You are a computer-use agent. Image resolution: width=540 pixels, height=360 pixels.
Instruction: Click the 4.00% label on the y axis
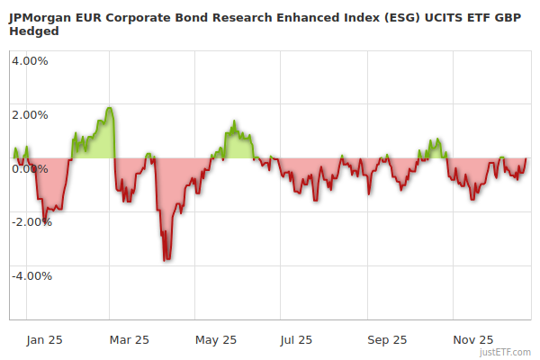[x=30, y=61]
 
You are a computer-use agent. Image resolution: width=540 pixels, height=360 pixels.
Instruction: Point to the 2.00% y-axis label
[x=30, y=114]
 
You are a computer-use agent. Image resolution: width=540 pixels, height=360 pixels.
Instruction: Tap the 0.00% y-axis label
[x=30, y=168]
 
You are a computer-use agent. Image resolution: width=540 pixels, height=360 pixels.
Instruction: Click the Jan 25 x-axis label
[x=44, y=339]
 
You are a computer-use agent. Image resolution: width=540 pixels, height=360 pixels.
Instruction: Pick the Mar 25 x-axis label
[x=130, y=339]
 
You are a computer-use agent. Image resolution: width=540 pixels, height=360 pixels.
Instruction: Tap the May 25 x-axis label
[x=216, y=339]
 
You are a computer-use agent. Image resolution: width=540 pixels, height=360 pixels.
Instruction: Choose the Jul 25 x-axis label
[x=296, y=339]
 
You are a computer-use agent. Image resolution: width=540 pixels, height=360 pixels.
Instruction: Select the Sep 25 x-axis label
[x=388, y=339]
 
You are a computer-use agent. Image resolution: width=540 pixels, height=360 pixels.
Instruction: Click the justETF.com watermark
[x=506, y=352]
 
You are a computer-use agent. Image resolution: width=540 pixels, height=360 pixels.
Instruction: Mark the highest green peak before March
[x=109, y=108]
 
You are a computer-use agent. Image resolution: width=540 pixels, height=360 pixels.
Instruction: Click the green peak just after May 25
[x=234, y=121]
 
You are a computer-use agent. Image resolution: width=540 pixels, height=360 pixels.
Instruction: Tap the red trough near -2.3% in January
[x=45, y=222]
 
